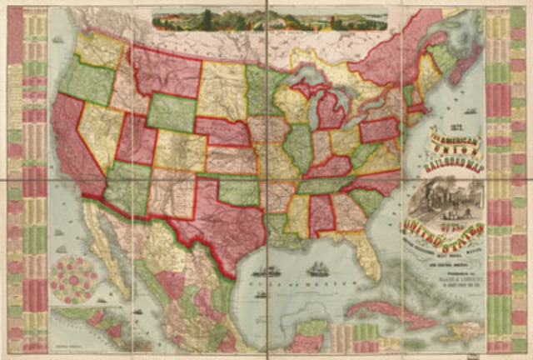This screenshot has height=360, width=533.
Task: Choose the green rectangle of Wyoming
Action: (172, 112)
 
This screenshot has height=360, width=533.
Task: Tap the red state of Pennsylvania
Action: (379, 129)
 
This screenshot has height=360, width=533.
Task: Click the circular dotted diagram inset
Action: (72, 278)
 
